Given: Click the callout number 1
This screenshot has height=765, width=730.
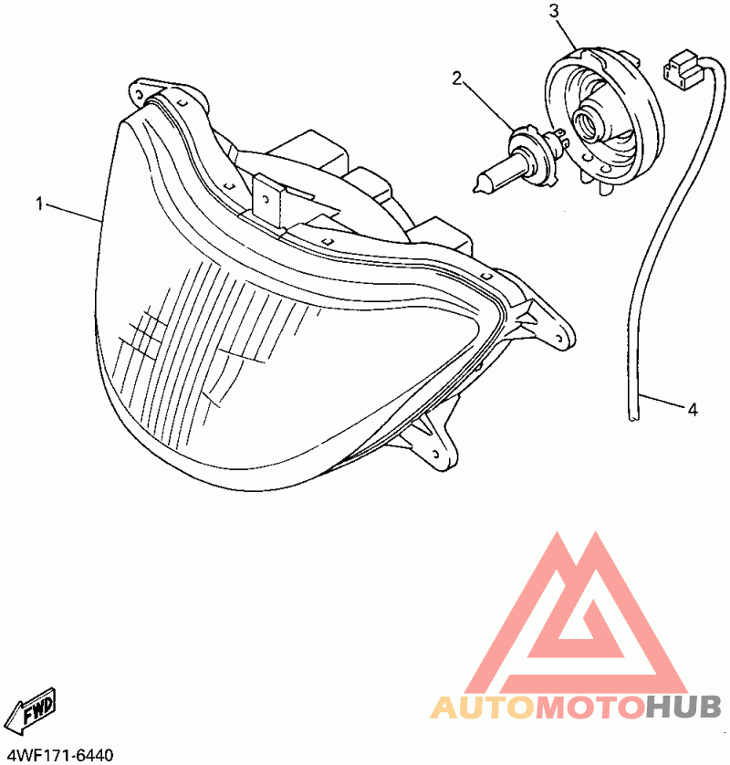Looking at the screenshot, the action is [39, 204].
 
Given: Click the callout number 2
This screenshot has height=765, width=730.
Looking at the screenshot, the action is [457, 79].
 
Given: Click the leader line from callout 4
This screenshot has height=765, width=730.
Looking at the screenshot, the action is [662, 402].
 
